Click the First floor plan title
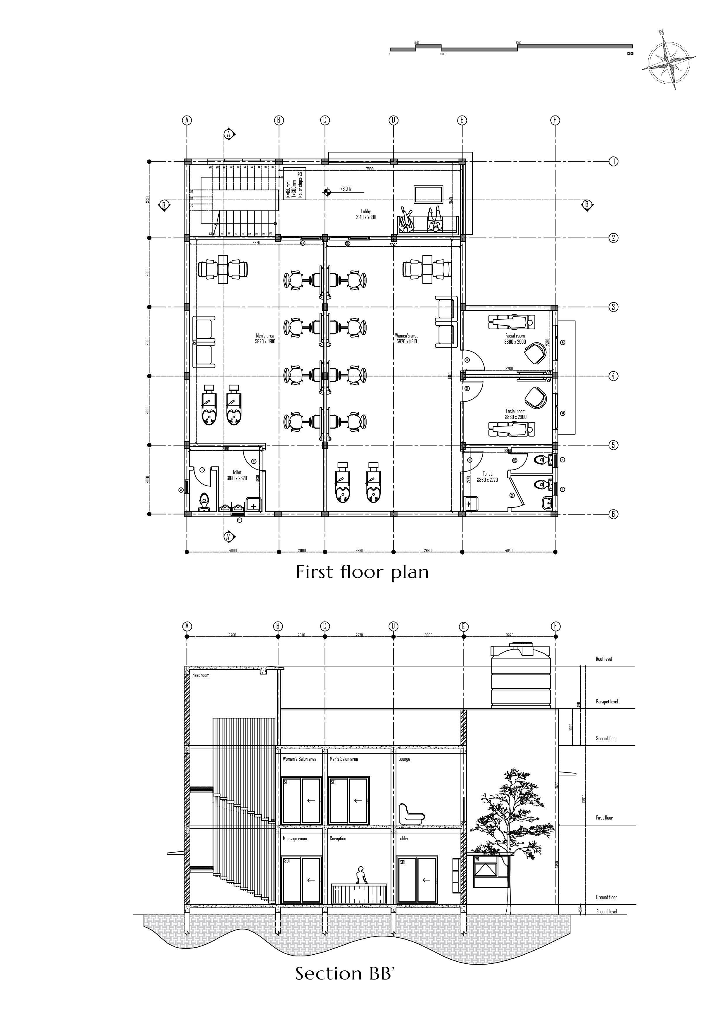coord(362,572)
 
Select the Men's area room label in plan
coord(265,338)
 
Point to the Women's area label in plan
coord(407,338)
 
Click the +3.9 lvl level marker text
coord(346,189)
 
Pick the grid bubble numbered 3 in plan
coord(613,307)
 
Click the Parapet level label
coord(607,702)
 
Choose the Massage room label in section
coord(295,839)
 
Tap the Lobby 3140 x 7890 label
coord(366,214)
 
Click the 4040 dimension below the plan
coord(508,550)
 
